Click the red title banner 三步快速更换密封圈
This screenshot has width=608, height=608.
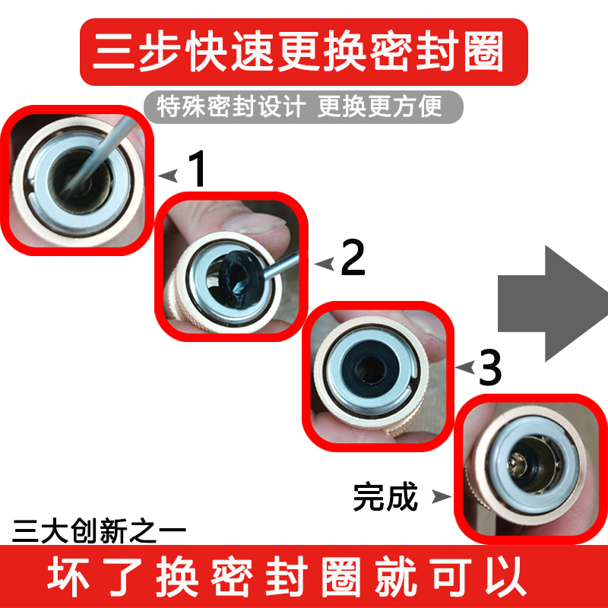coord(304,52)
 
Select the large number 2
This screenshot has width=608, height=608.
coord(353,259)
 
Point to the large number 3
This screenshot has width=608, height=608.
coord(489,368)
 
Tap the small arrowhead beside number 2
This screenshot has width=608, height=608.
coord(325,264)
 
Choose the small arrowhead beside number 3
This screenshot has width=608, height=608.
coord(464,368)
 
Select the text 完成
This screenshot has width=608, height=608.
coord(385,498)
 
